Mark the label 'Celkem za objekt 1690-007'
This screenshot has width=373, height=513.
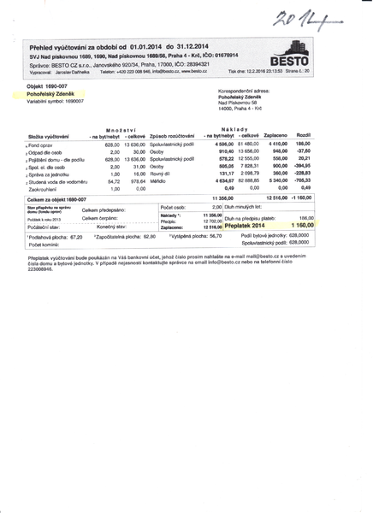coord(57,198)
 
